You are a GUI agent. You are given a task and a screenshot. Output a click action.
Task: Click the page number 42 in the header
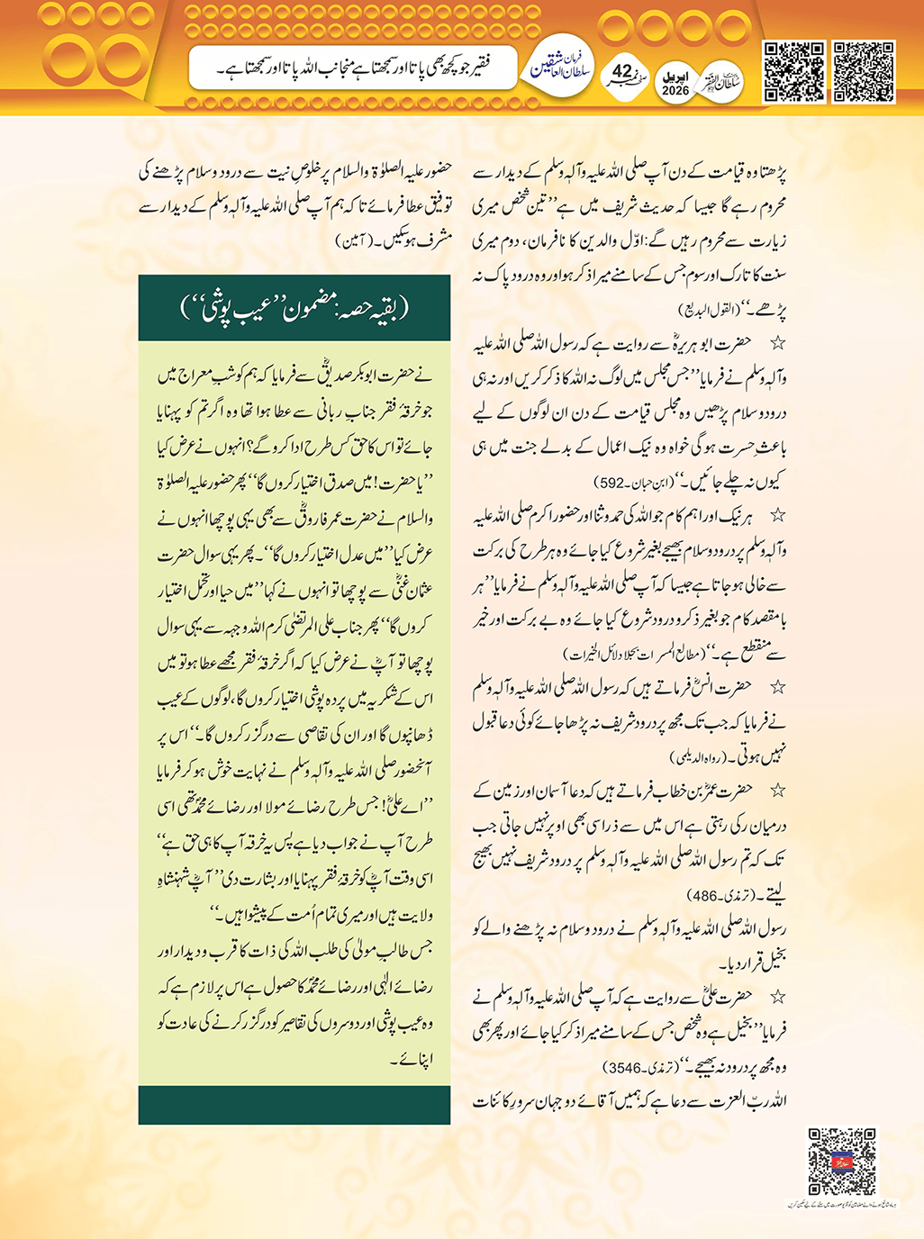pyautogui.click(x=622, y=70)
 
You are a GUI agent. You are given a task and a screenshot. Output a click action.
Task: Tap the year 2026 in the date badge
pyautogui.click(x=675, y=91)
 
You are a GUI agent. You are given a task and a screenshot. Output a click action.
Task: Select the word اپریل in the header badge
pyautogui.click(x=675, y=77)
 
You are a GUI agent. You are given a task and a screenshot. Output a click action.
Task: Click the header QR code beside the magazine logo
pyautogui.click(x=793, y=72)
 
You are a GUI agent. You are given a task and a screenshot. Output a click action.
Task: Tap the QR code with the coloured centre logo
pyautogui.click(x=841, y=1162)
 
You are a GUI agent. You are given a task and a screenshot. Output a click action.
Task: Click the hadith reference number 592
pyautogui.click(x=612, y=483)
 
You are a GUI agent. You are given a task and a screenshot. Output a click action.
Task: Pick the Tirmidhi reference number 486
pyautogui.click(x=702, y=896)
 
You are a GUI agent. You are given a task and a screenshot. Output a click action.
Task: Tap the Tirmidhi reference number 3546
pyautogui.click(x=624, y=1068)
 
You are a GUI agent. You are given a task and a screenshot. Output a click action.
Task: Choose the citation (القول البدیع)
pyautogui.click(x=708, y=310)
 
